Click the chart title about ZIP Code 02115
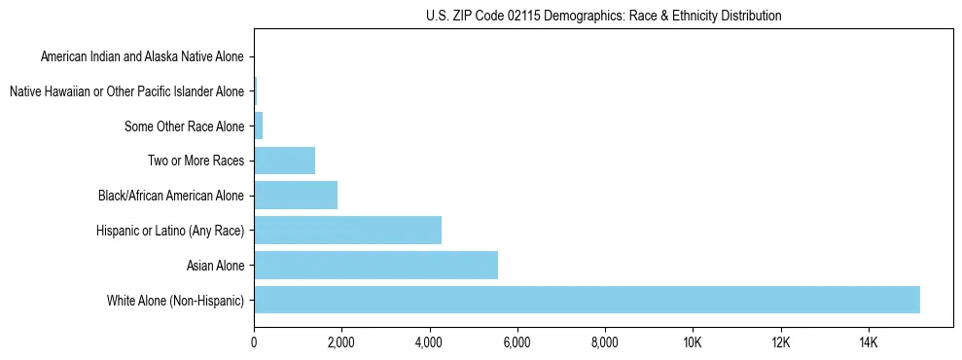603,16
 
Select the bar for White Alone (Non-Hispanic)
587,300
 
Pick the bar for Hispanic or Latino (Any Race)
347,230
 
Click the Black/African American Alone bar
296,196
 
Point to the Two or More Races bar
284,161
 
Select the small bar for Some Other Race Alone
259,126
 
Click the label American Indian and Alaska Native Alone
142,57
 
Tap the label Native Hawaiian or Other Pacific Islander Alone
126,91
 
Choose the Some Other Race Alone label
184,126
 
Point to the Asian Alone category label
215,265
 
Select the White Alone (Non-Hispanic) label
175,300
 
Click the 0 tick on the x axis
254,342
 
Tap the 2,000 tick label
341,342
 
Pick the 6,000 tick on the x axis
517,342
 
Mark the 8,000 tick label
605,342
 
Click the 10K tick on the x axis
693,342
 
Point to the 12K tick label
780,342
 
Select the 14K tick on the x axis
868,342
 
